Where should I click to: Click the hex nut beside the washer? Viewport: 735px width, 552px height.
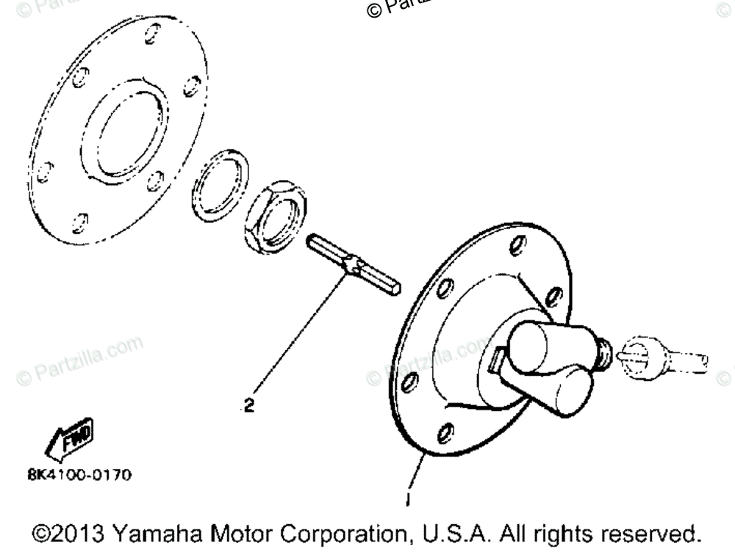(x=274, y=216)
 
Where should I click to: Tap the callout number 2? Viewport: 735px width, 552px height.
(x=249, y=405)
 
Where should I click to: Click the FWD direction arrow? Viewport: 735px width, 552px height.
(x=68, y=442)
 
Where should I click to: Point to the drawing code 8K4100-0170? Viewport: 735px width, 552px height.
(x=79, y=475)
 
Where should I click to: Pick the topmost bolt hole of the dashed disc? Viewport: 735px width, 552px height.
(x=153, y=33)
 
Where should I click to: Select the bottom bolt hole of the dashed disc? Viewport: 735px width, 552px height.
(x=80, y=222)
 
